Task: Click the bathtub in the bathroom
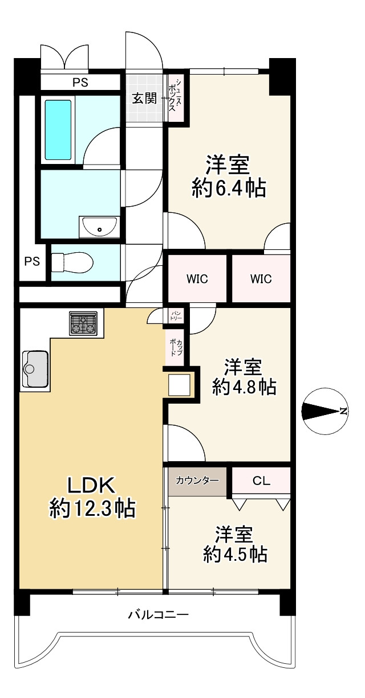tap(58, 130)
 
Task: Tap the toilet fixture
tap(72, 262)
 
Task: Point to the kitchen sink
tap(35, 369)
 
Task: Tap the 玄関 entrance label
tap(145, 98)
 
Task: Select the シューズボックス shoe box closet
tap(175, 98)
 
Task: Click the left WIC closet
tap(197, 279)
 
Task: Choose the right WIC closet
tap(261, 279)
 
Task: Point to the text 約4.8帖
tap(244, 387)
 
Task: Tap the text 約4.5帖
tap(236, 553)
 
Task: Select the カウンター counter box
tap(197, 481)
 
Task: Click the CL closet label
tap(261, 481)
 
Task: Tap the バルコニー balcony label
tap(158, 614)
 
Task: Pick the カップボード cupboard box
tap(175, 347)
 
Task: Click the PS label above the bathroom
tap(80, 82)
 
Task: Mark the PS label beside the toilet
tap(32, 261)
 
